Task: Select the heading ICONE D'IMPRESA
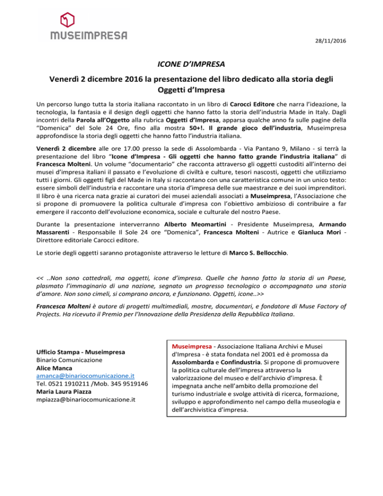(x=191, y=64)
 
